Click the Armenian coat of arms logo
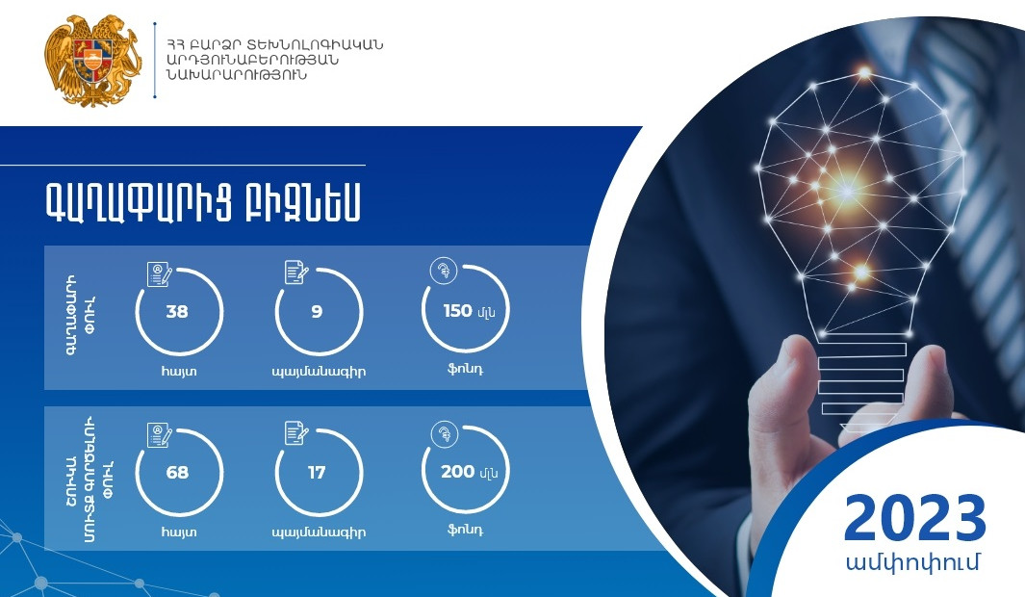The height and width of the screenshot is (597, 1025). pyautogui.click(x=92, y=61)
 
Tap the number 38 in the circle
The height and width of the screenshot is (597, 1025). pyautogui.click(x=176, y=311)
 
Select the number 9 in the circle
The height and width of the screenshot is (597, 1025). pyautogui.click(x=317, y=311)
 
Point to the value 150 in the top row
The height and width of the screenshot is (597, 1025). pyautogui.click(x=457, y=311)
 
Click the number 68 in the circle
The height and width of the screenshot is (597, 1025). pyautogui.click(x=176, y=473)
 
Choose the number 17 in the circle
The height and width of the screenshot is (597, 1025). pyautogui.click(x=317, y=473)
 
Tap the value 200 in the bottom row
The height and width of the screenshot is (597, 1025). pyautogui.click(x=457, y=473)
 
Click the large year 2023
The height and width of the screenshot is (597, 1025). pyautogui.click(x=914, y=519)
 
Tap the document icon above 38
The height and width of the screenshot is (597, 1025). pyautogui.click(x=160, y=273)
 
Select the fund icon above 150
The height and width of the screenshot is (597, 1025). pyautogui.click(x=444, y=271)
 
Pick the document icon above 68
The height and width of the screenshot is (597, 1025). pyautogui.click(x=160, y=435)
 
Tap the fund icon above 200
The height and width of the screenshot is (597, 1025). pyautogui.click(x=444, y=434)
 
